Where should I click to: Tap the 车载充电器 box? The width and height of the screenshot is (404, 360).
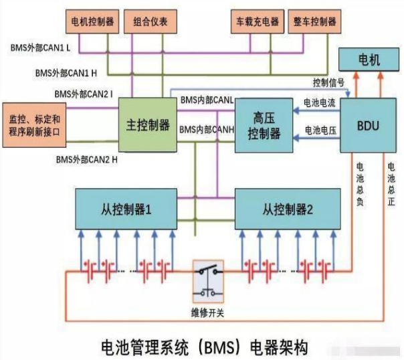(255, 21)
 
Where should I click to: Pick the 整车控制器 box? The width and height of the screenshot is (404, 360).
(314, 21)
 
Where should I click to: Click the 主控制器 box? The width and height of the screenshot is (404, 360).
(148, 125)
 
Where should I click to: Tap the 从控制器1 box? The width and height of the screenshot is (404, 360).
(126, 209)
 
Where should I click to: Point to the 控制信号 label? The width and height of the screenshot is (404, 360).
(328, 82)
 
